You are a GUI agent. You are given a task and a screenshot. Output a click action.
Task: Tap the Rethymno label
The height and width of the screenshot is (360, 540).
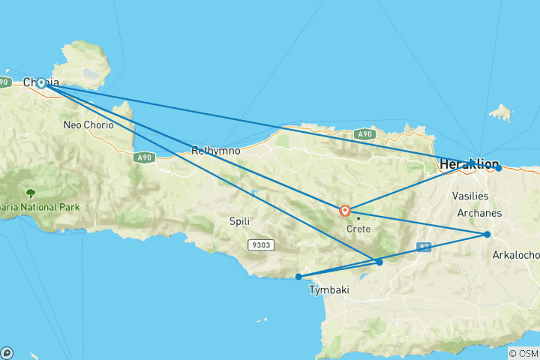click(x=216, y=151)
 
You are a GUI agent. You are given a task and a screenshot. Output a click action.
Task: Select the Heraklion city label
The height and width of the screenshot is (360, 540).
click(x=467, y=164)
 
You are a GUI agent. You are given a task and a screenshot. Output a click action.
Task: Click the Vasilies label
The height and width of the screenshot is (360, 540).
click(x=470, y=196)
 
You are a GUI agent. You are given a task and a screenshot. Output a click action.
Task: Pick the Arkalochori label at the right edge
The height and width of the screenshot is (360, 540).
click(x=516, y=255)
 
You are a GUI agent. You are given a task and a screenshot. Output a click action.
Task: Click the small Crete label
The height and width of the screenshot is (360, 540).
click(x=358, y=229)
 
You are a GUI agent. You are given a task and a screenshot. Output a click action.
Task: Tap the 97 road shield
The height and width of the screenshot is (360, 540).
click(x=424, y=247)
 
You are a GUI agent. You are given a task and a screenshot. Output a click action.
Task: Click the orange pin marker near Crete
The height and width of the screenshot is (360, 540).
click(x=345, y=211)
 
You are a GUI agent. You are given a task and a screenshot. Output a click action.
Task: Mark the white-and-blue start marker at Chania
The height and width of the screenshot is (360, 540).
click(x=42, y=84)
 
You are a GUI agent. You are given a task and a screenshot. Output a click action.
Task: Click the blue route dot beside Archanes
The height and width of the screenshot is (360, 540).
click(x=487, y=235)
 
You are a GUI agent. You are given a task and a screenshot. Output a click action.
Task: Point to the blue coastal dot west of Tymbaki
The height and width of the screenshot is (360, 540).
click(x=298, y=277)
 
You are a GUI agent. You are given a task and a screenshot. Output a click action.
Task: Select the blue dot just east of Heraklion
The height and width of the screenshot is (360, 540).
click(x=499, y=168)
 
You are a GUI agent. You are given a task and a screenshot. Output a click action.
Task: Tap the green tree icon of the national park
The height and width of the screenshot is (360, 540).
click(x=31, y=193)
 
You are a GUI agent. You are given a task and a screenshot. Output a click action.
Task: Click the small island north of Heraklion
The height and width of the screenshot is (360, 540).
click(x=500, y=113)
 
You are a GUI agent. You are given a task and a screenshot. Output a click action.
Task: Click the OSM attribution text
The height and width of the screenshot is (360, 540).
click(x=523, y=353)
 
